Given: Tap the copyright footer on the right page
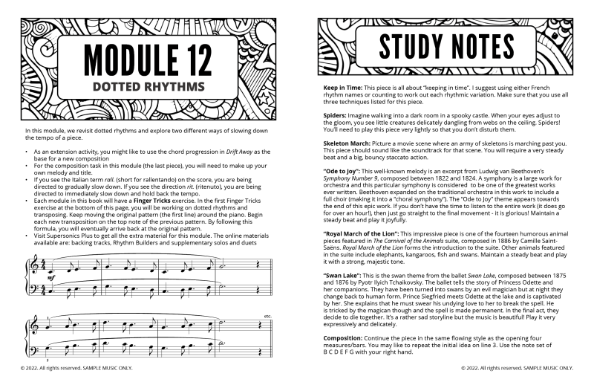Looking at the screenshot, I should pyautogui.click(x=517, y=366).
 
